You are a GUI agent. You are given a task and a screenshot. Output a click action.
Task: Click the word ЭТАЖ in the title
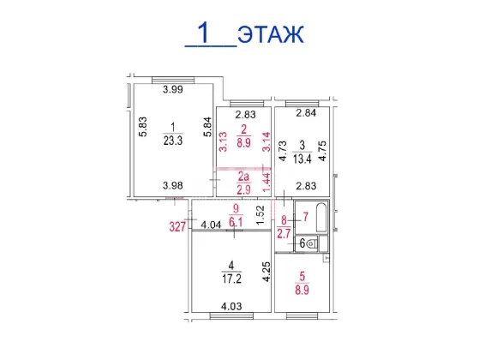271,34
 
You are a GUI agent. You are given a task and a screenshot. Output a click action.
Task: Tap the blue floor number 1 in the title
203,33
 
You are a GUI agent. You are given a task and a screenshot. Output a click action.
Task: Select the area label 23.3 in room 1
173,141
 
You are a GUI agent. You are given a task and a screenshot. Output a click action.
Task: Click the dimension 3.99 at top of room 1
173,89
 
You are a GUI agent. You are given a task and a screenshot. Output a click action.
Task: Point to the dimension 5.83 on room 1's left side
143,127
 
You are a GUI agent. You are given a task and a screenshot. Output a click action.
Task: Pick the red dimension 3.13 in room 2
224,141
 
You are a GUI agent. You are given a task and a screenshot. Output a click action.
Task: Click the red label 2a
243,177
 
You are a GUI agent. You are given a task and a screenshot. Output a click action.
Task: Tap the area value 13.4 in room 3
302,159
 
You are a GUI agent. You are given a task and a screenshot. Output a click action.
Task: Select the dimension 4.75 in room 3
322,150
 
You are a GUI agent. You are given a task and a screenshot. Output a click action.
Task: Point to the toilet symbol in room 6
312,244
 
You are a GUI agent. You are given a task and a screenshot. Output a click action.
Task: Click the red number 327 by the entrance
177,227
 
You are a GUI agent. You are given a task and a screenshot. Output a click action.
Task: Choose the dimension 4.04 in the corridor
211,225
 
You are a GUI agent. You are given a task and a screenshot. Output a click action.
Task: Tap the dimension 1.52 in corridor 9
260,214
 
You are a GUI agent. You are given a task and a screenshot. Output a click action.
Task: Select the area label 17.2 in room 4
232,279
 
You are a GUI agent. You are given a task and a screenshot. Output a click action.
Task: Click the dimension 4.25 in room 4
266,272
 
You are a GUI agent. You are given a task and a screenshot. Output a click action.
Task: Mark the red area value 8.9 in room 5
302,290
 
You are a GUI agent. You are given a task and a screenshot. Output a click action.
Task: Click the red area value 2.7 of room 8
284,234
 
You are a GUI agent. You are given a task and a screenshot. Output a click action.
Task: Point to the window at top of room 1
173,80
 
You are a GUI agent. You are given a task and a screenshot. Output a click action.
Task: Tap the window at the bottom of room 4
231,315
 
